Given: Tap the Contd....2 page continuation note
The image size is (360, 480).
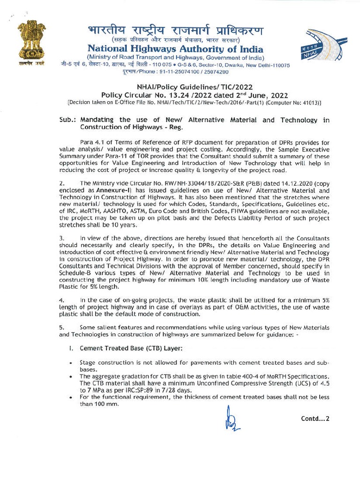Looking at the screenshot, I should click(x=315, y=418).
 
